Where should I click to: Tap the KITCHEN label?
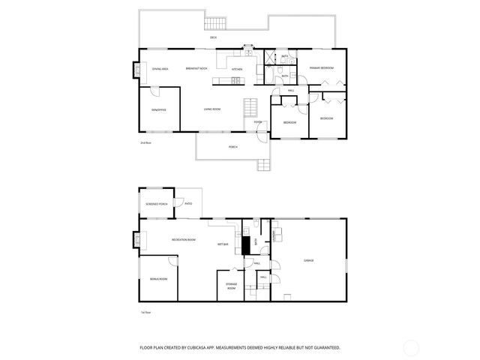click(x=237, y=69)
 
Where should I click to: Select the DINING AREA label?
click(x=160, y=69)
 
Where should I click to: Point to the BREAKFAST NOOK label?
click(x=197, y=69)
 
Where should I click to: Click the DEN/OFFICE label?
click(x=158, y=109)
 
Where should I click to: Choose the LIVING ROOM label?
click(x=212, y=109)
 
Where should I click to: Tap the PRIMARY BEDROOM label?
click(x=321, y=68)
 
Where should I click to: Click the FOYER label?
click(x=257, y=121)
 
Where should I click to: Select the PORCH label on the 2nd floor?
click(x=233, y=147)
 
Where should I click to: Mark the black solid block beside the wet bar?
click(x=244, y=245)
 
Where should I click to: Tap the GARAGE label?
click(x=308, y=260)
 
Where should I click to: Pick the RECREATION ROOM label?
click(x=184, y=239)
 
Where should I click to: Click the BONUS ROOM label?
click(x=158, y=278)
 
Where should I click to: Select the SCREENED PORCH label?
click(x=157, y=204)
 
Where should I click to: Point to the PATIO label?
click(x=188, y=203)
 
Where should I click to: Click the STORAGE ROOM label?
click(x=231, y=287)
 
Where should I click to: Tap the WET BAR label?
click(x=223, y=244)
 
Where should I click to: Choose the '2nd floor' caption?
click(x=145, y=142)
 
